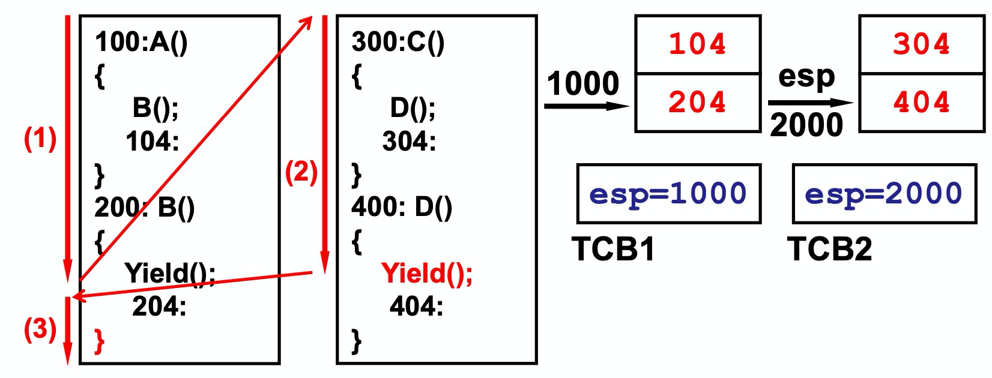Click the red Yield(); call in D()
[427, 274]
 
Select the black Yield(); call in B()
[170, 274]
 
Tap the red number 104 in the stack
[697, 44]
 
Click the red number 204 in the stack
[697, 102]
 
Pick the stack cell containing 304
[921, 44]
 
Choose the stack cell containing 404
[921, 102]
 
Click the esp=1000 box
[668, 194]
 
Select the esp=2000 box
[884, 194]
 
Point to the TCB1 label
[613, 248]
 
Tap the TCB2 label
[829, 248]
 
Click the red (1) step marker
[40, 139]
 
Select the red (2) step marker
[301, 172]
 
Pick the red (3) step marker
[40, 329]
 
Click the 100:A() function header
[141, 42]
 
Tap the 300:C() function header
[398, 42]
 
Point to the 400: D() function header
[401, 207]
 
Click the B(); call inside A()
[155, 107]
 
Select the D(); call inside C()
[413, 107]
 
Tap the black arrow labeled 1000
[585, 106]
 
